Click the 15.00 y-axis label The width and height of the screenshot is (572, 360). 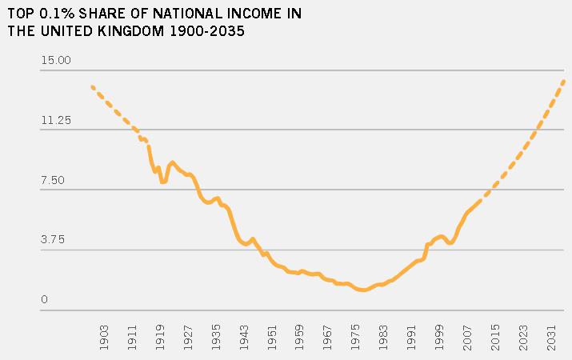point(55,61)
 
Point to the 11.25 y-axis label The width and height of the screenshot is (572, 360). point(55,121)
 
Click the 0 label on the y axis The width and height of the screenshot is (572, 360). point(45,300)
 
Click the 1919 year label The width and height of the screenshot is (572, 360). point(161,335)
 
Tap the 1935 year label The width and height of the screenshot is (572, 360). point(217,335)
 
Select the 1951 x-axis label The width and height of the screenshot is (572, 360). point(273,335)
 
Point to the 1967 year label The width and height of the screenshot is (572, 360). point(329,335)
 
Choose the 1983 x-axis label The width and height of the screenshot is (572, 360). point(385,335)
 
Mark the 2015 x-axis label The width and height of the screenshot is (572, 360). point(496,335)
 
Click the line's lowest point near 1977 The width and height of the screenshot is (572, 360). point(364,290)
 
